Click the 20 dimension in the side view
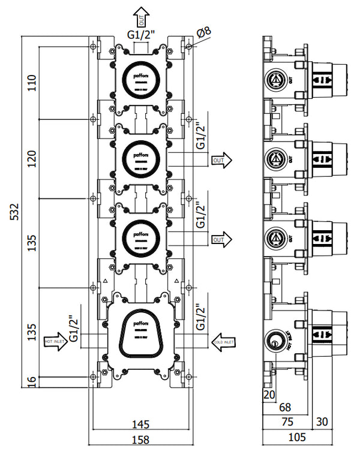268,394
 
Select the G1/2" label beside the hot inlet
73,329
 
